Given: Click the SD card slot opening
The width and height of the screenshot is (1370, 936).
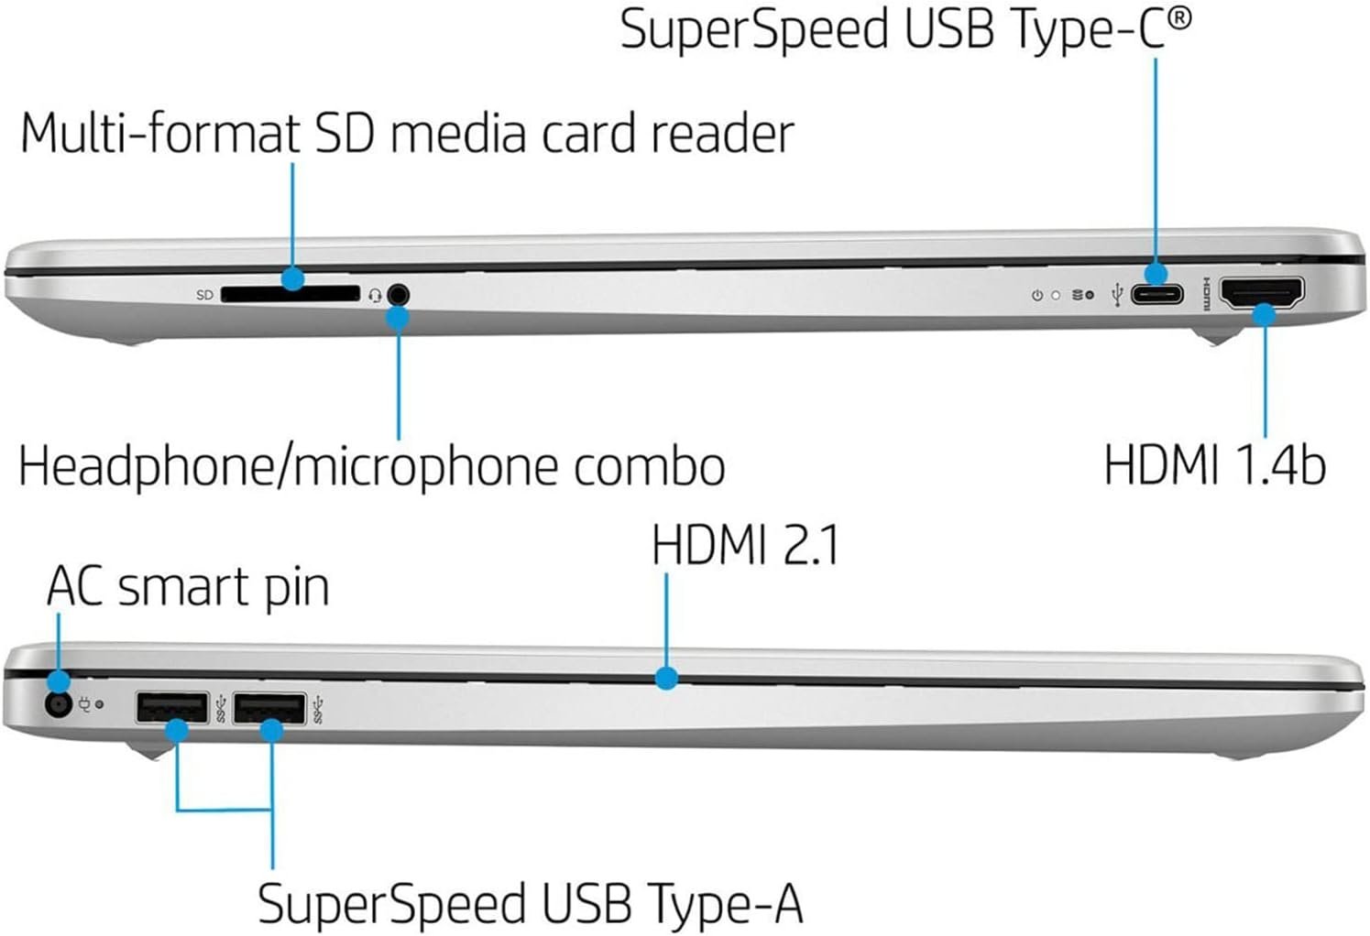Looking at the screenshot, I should click(290, 294).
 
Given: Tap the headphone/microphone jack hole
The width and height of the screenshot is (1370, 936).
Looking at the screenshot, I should click(398, 295).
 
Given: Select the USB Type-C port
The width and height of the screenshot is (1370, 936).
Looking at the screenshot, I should click(1156, 295).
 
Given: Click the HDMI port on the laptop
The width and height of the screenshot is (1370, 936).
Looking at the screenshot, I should click(1264, 294).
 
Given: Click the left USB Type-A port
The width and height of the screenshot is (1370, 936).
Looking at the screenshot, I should click(172, 708).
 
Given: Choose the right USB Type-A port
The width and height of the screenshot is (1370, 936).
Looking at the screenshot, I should click(269, 708).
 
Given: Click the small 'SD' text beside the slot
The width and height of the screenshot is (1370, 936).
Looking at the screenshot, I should click(204, 295).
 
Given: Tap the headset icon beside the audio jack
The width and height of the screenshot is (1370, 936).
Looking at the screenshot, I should click(375, 295).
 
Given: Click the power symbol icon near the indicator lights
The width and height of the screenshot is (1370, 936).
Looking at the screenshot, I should click(1036, 296).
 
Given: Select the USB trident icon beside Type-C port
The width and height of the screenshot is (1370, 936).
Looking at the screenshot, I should click(1116, 295).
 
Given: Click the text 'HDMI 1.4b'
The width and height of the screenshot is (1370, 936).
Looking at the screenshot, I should click(1214, 464).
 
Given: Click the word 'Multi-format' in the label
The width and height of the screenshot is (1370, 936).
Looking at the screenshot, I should click(159, 133).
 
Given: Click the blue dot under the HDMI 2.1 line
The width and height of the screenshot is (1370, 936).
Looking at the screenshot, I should click(667, 678).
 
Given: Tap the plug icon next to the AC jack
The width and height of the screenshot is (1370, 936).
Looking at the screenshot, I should click(84, 705).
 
